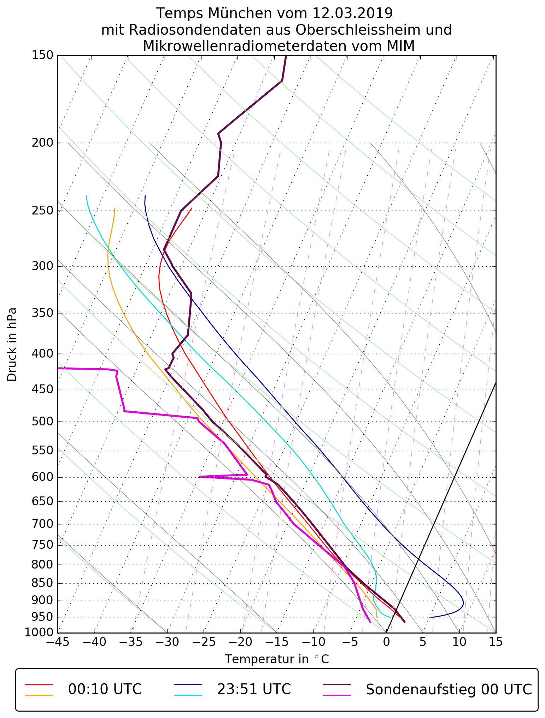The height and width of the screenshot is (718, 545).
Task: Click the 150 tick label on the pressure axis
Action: pos(42,55)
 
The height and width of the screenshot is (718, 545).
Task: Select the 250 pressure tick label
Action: pos(42,211)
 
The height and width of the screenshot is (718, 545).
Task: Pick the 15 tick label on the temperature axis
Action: pos(496,642)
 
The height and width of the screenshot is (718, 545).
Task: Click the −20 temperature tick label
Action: pos(240,642)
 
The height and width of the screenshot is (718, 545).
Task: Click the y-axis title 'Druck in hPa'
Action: pos(12,345)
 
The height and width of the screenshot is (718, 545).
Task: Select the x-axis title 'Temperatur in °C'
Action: pos(277,659)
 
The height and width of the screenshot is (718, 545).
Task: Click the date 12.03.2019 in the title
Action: pos(352,13)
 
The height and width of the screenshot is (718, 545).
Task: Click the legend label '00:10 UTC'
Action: pos(105,689)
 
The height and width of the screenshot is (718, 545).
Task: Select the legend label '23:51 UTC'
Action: pos(254,689)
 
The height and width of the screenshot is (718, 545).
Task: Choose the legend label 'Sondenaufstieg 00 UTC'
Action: pos(449,689)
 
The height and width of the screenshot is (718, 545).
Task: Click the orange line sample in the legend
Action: pos(39,695)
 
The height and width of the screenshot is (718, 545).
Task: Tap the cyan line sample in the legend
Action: pos(188,695)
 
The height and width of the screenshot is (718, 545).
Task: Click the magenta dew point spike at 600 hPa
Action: pos(200,477)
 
